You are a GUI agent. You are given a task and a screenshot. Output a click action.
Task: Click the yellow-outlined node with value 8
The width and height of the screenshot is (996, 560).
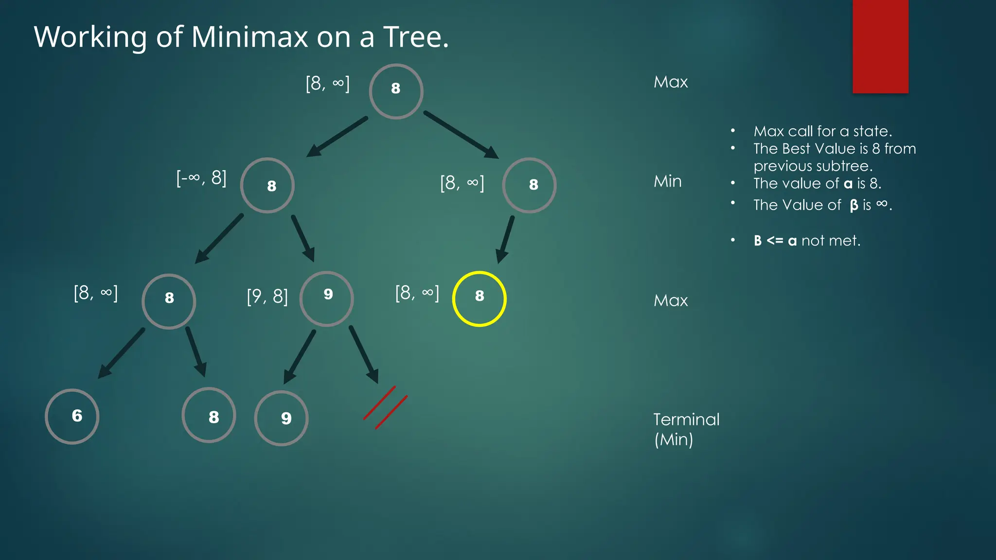479,298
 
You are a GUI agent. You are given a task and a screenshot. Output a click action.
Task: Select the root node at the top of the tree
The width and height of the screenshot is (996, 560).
396,91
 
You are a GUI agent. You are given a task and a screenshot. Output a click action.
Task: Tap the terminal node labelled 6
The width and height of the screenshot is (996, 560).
72,416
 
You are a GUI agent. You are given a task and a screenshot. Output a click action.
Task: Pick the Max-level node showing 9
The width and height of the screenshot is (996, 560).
326,298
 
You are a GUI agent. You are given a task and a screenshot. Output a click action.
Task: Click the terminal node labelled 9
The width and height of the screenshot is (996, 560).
281,418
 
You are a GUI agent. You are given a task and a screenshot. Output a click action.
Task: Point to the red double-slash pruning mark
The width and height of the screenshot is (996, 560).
385,407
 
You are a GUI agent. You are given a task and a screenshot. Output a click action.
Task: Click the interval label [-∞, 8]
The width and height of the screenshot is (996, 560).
201,178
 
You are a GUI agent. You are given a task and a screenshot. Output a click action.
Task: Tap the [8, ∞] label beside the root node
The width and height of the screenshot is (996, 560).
327,84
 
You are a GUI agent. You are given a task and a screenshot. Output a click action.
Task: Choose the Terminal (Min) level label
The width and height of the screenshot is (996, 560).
686,429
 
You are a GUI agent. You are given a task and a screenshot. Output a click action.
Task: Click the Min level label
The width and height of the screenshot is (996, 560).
667,181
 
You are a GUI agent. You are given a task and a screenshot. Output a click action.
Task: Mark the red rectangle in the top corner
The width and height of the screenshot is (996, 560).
880,46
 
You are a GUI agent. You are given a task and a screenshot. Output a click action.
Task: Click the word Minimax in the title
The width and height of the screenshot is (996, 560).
249,37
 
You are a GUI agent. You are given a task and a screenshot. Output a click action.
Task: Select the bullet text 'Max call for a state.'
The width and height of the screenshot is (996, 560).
822,131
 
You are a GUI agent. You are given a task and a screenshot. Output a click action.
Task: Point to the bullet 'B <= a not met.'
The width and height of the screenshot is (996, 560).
807,241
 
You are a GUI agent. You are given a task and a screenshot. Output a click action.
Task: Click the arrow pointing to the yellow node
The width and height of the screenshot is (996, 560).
505,240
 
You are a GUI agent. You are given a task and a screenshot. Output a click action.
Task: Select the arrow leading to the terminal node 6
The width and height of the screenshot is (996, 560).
122,353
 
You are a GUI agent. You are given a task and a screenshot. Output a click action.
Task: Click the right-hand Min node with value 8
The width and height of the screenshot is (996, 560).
529,185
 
